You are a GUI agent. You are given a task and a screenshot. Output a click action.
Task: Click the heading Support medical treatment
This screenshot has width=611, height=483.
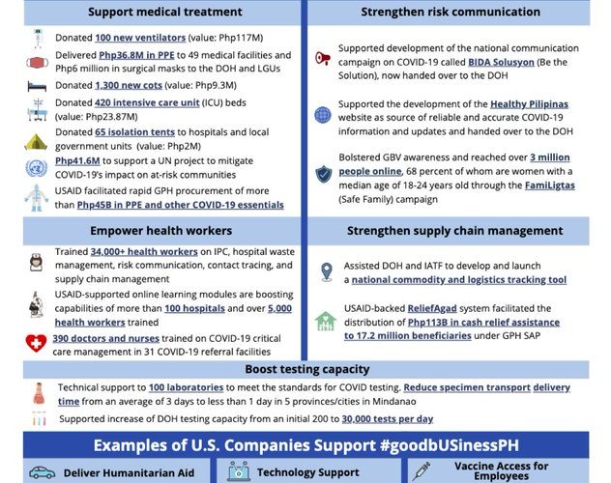coord(164,12)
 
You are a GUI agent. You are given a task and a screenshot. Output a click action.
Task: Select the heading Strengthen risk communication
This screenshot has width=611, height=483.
coord(451,12)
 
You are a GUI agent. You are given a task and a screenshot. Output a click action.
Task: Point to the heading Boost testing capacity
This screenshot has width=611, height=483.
coord(305,369)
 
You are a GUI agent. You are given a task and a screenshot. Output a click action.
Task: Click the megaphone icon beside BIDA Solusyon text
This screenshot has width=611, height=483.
coord(323,58)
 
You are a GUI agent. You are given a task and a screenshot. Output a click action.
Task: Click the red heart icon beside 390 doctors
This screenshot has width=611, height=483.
coord(36,343)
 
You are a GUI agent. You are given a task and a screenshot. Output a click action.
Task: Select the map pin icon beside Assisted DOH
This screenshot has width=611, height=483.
coord(326,271)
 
